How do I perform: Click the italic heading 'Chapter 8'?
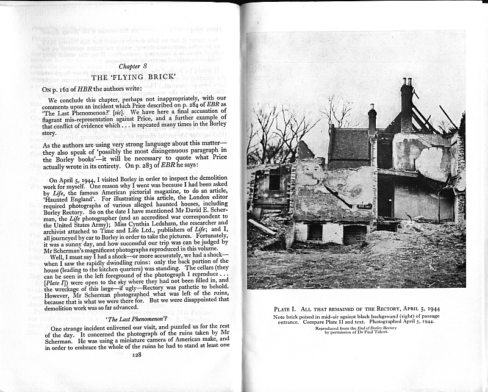134,66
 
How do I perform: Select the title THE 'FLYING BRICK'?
133,77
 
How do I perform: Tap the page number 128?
137,354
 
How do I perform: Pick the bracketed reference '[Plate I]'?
59,283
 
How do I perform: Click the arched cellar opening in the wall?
354,233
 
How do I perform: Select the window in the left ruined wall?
274,182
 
